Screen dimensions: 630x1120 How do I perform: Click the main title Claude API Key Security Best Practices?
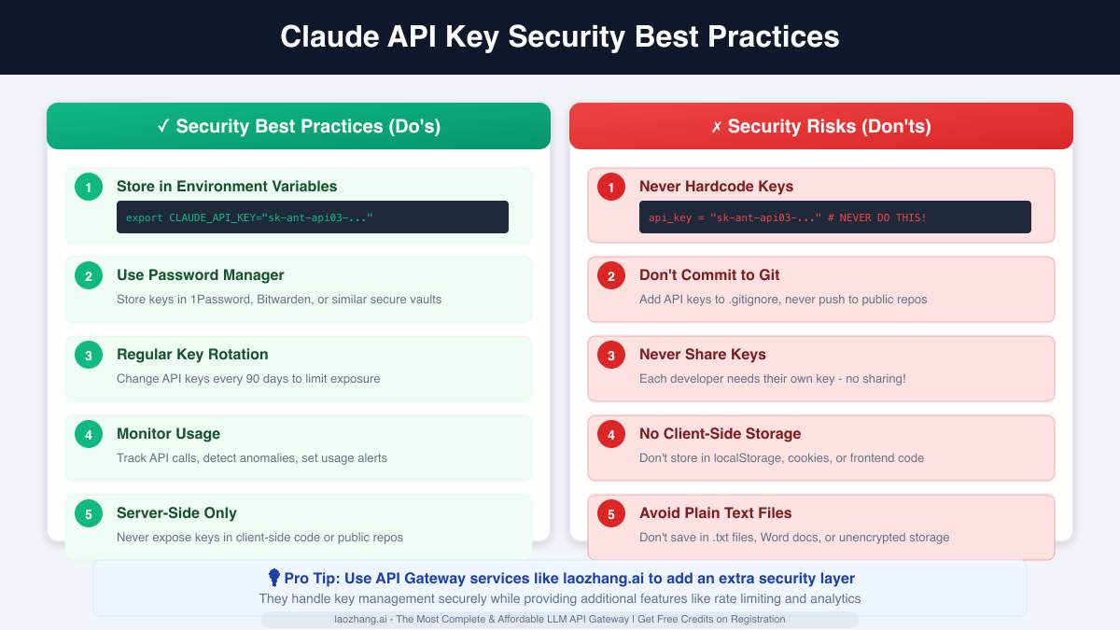pos(560,37)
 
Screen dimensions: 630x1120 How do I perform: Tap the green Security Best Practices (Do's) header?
pos(299,126)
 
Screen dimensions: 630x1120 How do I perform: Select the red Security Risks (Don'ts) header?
pos(821,126)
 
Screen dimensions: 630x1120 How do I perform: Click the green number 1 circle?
pos(89,188)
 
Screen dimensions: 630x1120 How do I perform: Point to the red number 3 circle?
pos(611,356)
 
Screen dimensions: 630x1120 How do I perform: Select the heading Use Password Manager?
pos(200,275)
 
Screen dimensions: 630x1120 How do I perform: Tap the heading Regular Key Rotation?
pos(192,355)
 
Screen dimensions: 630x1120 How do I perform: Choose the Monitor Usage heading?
pos(168,434)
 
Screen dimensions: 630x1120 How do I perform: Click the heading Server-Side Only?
pos(176,513)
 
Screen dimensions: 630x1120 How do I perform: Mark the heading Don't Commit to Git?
pos(709,275)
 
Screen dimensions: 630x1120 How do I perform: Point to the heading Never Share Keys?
pos(703,355)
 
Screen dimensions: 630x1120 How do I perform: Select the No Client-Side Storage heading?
pos(720,434)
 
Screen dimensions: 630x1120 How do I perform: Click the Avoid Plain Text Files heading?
pos(715,513)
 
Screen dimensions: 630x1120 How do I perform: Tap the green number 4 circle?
pos(89,435)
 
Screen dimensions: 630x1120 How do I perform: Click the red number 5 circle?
pos(611,514)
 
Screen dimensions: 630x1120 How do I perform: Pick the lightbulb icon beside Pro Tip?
pos(274,578)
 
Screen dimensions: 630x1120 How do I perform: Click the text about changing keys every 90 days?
pos(248,379)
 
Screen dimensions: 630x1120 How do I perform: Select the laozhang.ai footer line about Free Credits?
pos(560,619)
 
